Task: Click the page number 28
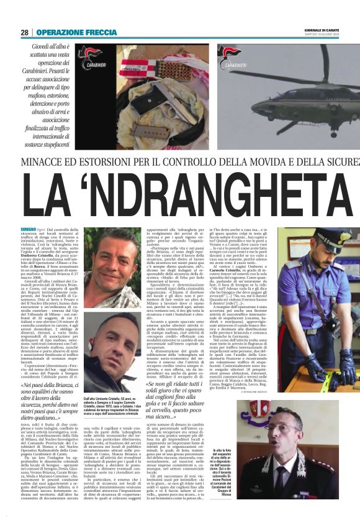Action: (24, 32)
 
